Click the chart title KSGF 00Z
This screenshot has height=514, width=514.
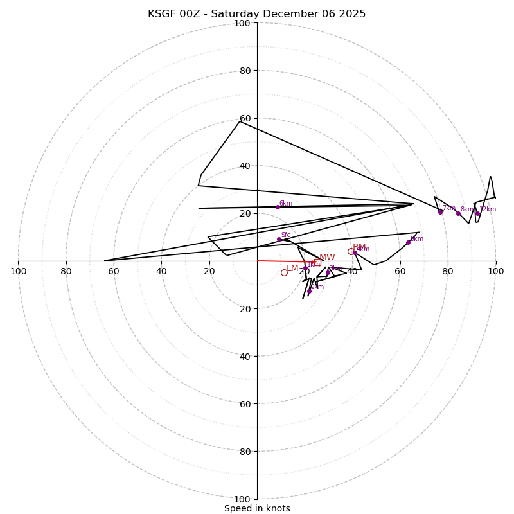click(257, 14)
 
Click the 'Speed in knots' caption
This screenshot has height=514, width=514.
click(257, 509)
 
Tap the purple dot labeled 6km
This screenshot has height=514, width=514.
click(278, 207)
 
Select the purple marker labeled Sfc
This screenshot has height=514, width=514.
click(279, 239)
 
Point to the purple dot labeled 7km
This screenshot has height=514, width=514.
click(440, 212)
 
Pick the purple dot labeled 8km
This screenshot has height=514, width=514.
click(458, 213)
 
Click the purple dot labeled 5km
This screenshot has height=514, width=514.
click(408, 242)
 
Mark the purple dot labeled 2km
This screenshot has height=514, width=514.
click(309, 291)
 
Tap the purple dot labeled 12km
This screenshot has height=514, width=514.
click(477, 213)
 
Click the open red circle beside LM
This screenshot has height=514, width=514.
click(284, 272)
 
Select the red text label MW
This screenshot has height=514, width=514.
click(327, 258)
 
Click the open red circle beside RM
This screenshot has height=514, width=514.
click(351, 251)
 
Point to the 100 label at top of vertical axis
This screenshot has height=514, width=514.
click(242, 23)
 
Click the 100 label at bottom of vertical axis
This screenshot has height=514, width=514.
click(242, 499)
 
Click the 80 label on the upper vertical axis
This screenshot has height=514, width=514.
click(244, 71)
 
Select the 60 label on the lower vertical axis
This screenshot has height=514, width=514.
click(244, 403)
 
